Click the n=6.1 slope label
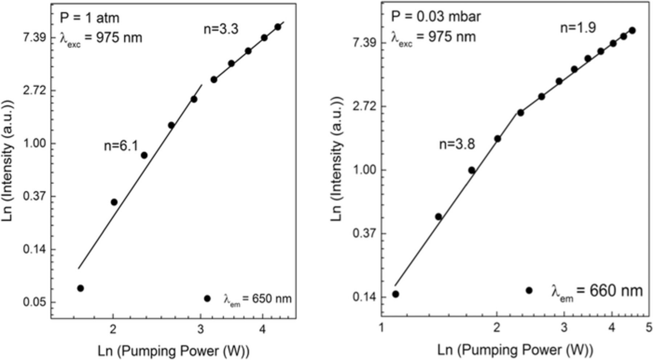121,146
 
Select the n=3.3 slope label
221,29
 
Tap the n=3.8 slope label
457,144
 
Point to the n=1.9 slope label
578,28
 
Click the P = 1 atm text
89,18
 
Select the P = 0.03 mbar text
436,16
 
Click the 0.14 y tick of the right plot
364,297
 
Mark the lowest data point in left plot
81,288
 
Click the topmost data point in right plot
632,30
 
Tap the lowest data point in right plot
396,294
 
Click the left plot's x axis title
173,351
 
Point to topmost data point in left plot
278,27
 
